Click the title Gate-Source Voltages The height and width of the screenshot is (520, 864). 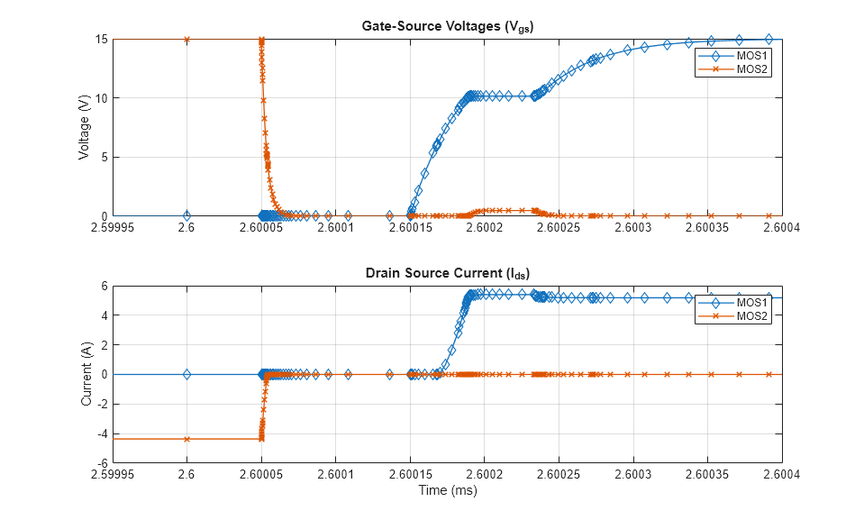click(x=447, y=25)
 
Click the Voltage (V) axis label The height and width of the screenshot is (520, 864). click(x=85, y=127)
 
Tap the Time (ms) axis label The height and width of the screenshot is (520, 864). click(x=447, y=491)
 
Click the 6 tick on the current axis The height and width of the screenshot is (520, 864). click(x=105, y=286)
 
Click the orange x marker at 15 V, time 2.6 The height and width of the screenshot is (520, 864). click(x=186, y=40)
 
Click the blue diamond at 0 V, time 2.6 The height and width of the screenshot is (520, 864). click(x=186, y=215)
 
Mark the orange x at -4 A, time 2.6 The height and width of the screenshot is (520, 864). click(x=186, y=439)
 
